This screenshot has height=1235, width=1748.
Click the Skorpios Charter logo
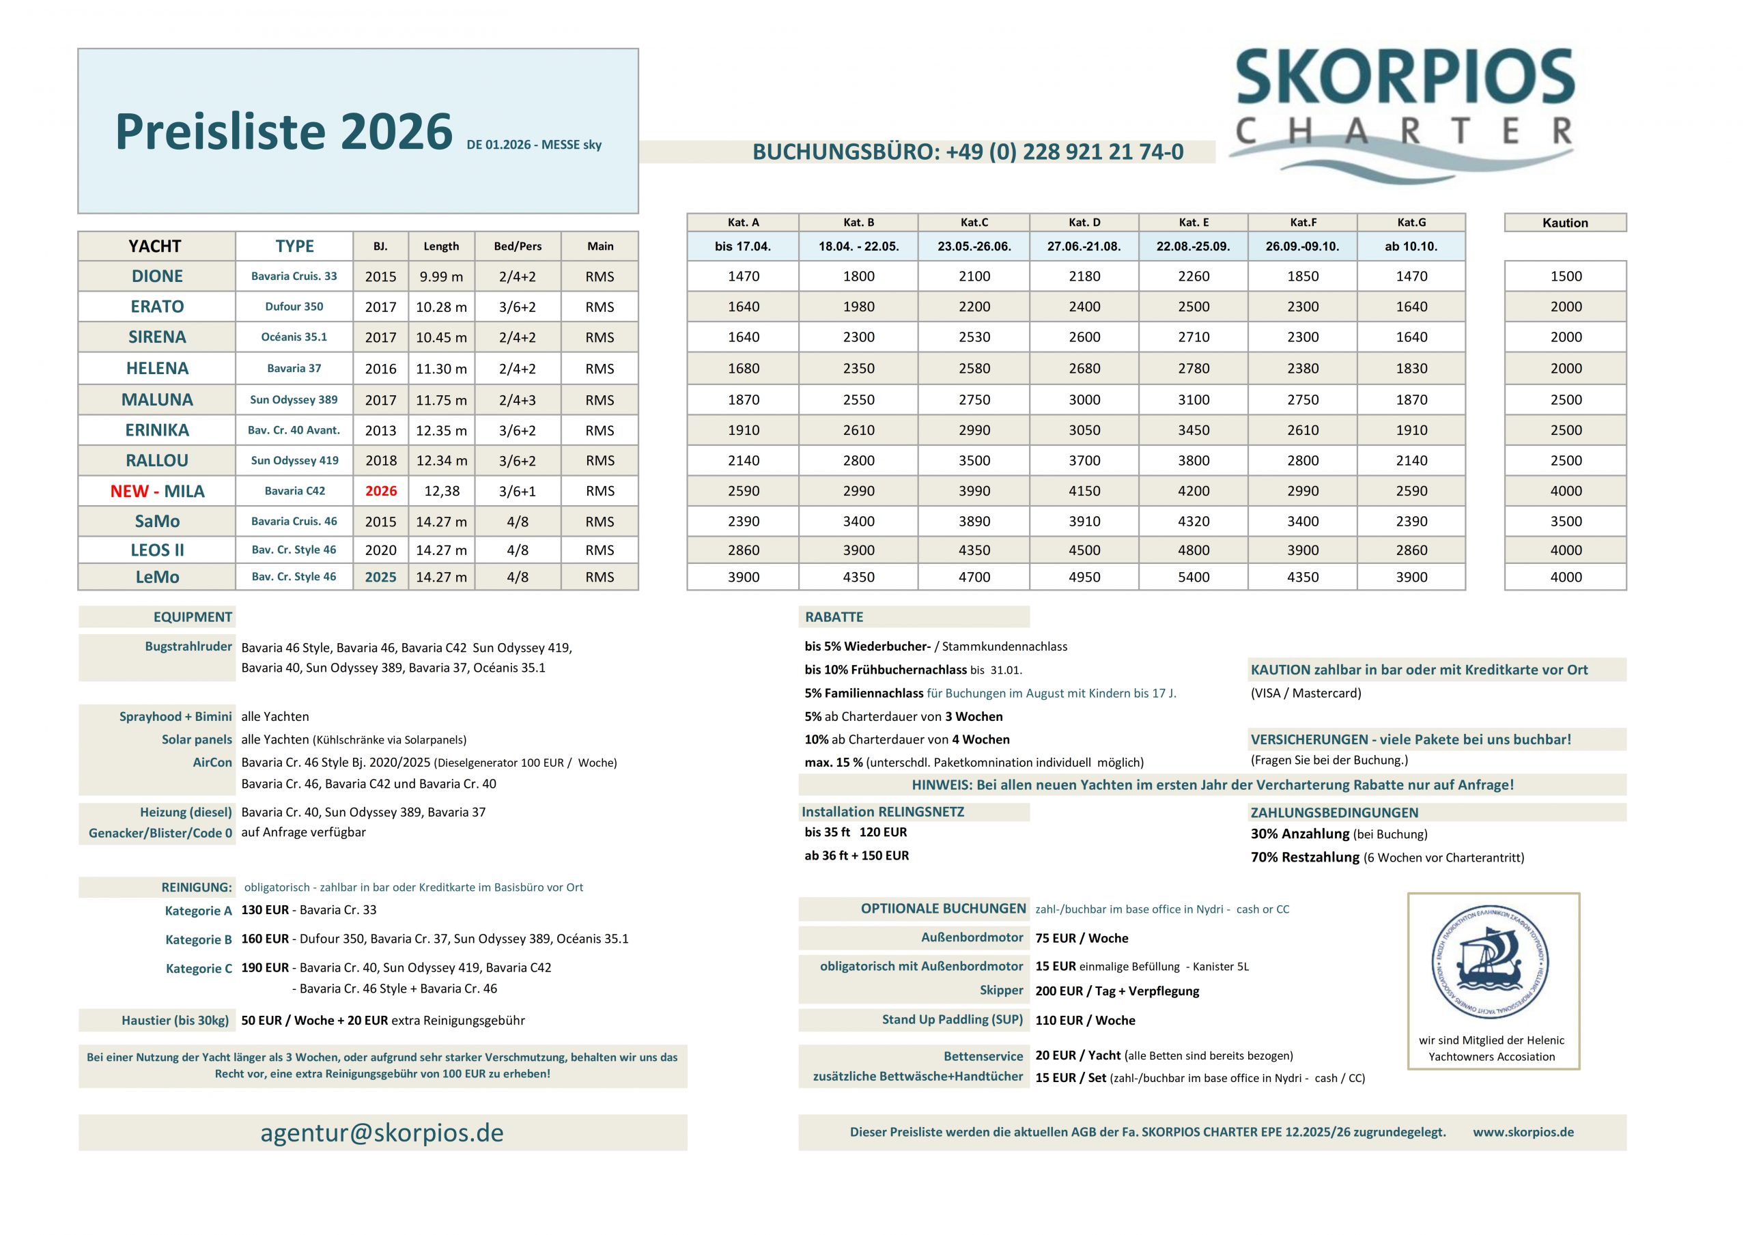point(1404,114)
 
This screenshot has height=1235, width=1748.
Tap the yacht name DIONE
point(157,276)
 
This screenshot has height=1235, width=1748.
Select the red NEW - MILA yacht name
point(157,491)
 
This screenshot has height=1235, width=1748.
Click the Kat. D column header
point(1084,223)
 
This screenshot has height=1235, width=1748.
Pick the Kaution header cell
point(1564,223)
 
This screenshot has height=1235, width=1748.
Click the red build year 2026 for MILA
point(380,491)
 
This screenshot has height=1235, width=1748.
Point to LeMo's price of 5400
point(1193,577)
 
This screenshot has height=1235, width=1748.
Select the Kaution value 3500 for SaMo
point(1565,522)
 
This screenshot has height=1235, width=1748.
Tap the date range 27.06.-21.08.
point(1084,246)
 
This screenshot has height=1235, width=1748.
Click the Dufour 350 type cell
point(294,307)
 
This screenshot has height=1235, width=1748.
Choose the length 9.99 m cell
point(441,277)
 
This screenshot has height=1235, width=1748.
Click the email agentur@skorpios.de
point(382,1133)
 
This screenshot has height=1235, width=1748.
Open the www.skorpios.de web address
point(1523,1132)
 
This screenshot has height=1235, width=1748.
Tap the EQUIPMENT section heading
point(192,616)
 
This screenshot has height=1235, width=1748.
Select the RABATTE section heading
point(834,616)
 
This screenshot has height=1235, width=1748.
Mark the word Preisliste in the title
point(220,132)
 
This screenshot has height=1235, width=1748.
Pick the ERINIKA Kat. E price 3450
point(1193,430)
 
